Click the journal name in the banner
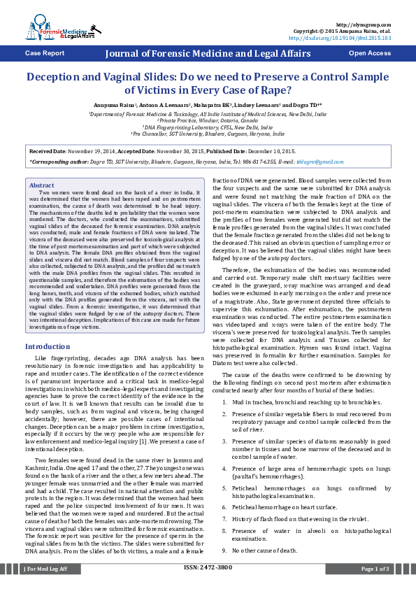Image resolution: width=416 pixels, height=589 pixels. tap(207, 53)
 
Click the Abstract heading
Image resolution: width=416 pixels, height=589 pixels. tap(42, 185)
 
